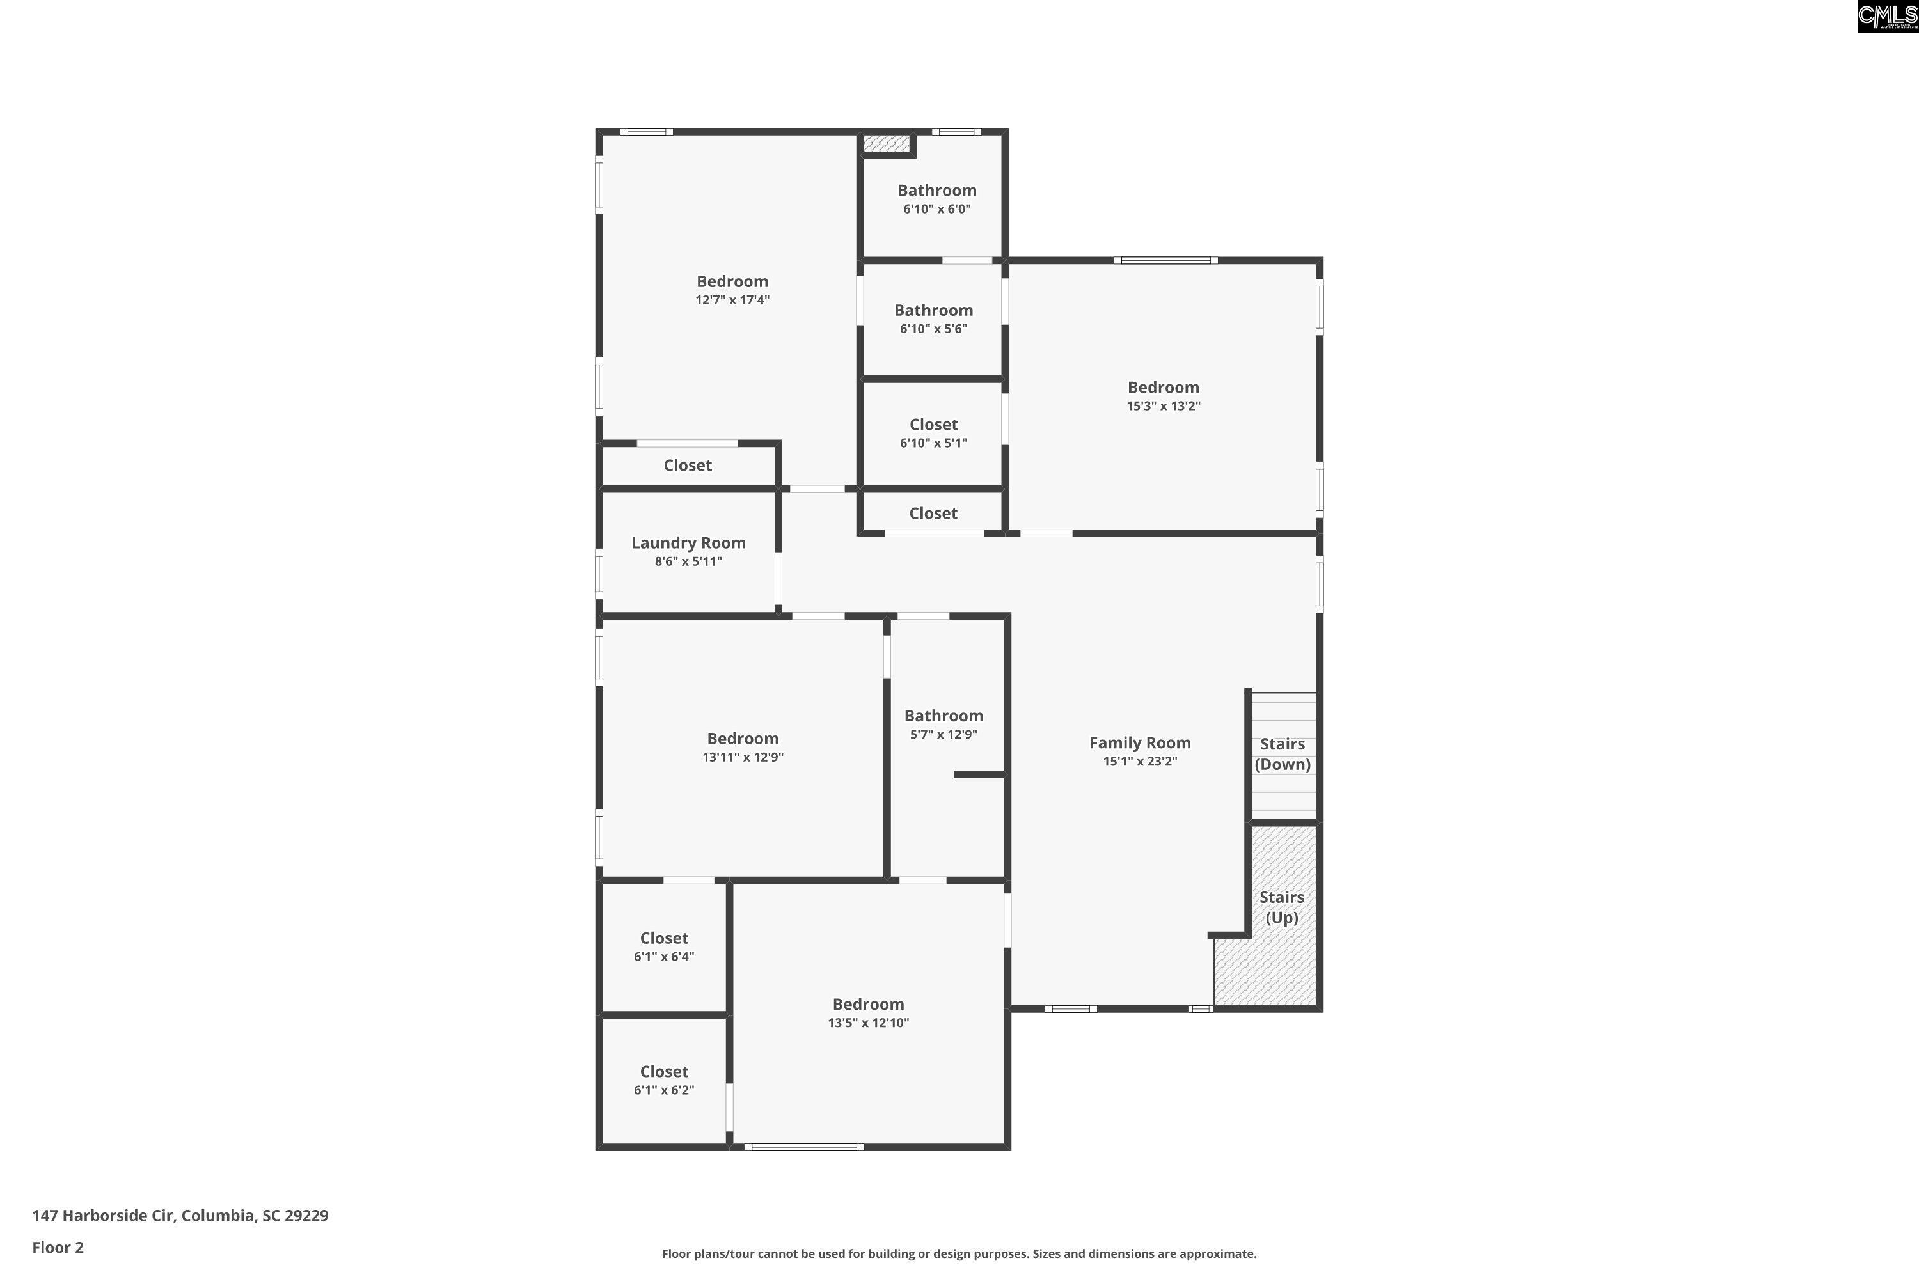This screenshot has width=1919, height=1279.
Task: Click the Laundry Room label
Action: coord(688,542)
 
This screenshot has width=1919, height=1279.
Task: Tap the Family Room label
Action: coord(1140,742)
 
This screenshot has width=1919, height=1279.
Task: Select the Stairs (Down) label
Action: coord(1283,754)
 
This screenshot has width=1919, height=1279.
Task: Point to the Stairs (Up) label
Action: coord(1282,907)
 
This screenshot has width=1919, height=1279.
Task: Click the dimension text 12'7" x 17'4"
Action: coord(732,300)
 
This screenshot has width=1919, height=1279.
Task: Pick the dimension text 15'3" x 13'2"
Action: coord(1164,406)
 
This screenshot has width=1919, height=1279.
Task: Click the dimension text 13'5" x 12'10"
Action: coord(868,1023)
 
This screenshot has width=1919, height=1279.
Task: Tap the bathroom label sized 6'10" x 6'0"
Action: coord(936,190)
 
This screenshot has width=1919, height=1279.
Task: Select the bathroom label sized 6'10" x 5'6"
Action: coord(933,310)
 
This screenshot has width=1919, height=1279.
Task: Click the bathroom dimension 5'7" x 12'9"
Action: coord(943,734)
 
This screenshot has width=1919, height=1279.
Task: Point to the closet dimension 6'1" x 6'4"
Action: coord(664,957)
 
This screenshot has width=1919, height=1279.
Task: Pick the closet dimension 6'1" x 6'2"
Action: coord(664,1090)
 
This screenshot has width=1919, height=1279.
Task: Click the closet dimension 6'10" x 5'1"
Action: coord(933,443)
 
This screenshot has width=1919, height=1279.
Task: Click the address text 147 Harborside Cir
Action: coord(104,1216)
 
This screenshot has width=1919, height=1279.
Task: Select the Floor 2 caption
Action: coord(58,1247)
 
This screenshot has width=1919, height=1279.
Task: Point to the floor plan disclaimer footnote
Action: coord(959,1253)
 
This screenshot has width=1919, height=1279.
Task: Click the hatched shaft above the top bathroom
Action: coord(886,143)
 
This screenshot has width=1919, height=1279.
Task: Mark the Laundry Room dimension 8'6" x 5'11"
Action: coord(688,561)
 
